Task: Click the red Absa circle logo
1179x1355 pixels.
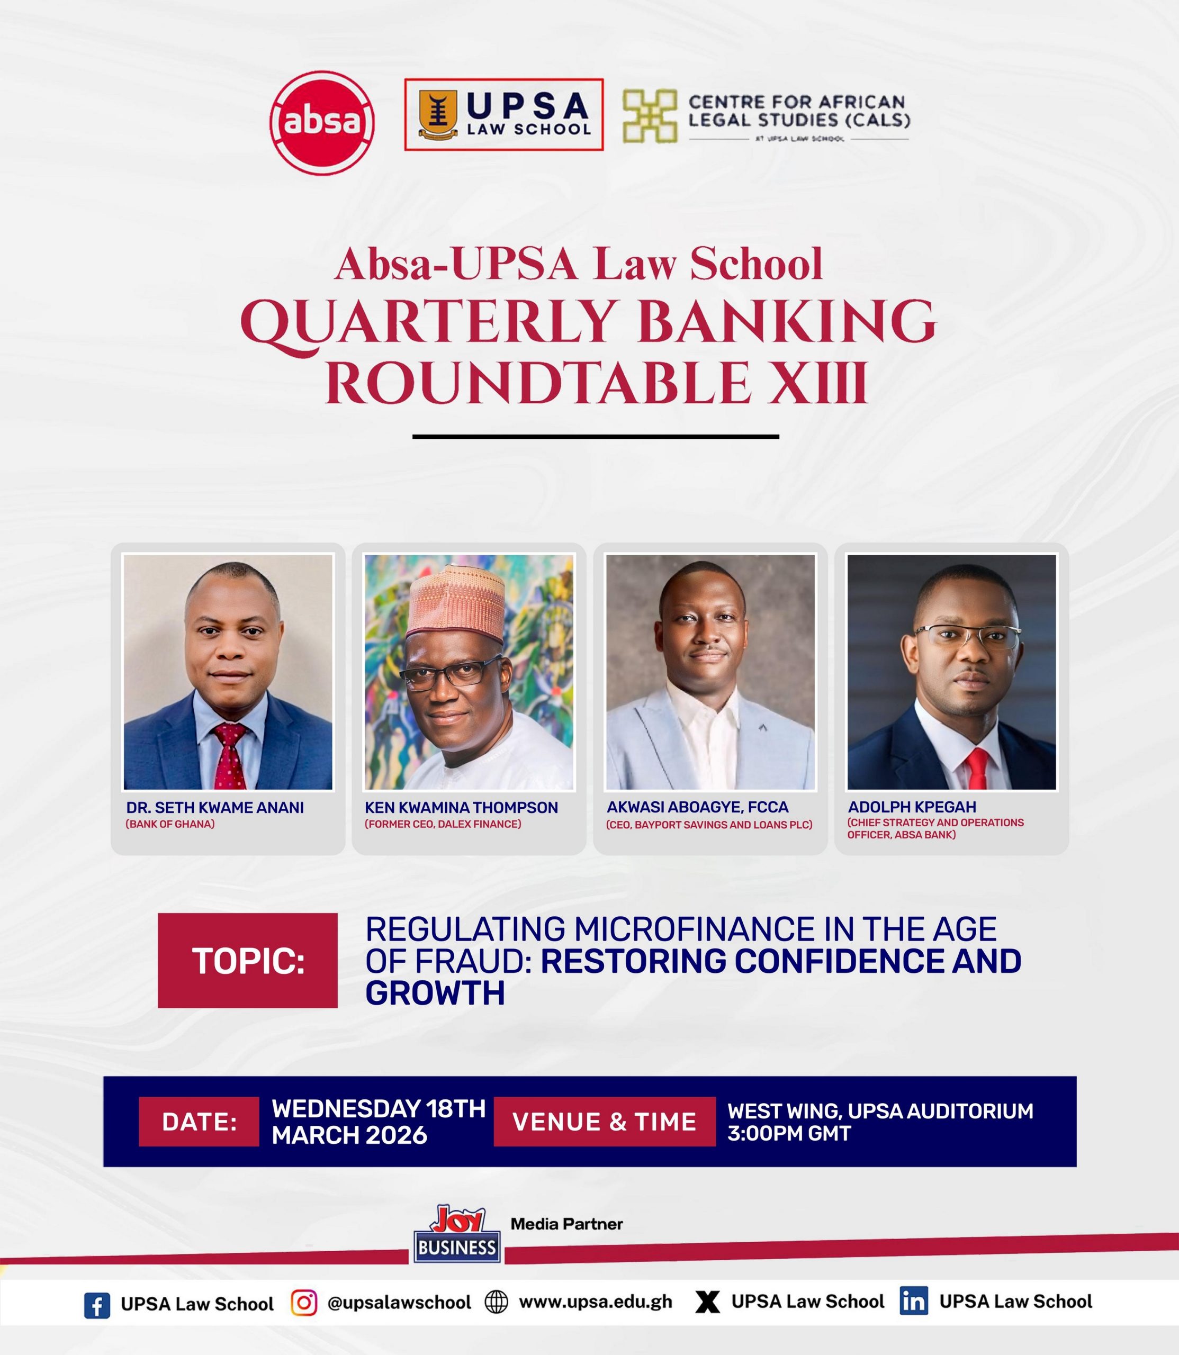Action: pos(322,123)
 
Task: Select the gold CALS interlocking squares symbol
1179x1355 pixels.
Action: pos(650,116)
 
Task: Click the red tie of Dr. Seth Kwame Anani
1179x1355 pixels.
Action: pos(230,756)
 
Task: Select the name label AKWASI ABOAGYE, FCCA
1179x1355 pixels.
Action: pos(697,807)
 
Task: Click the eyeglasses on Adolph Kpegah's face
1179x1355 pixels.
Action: pos(967,635)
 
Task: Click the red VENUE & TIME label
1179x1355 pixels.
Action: pos(605,1122)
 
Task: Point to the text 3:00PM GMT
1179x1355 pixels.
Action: pos(789,1133)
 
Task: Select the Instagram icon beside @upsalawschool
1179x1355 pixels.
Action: pos(303,1303)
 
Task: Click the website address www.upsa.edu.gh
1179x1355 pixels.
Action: pos(596,1302)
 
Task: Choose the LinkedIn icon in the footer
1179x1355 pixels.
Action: pos(914,1301)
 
